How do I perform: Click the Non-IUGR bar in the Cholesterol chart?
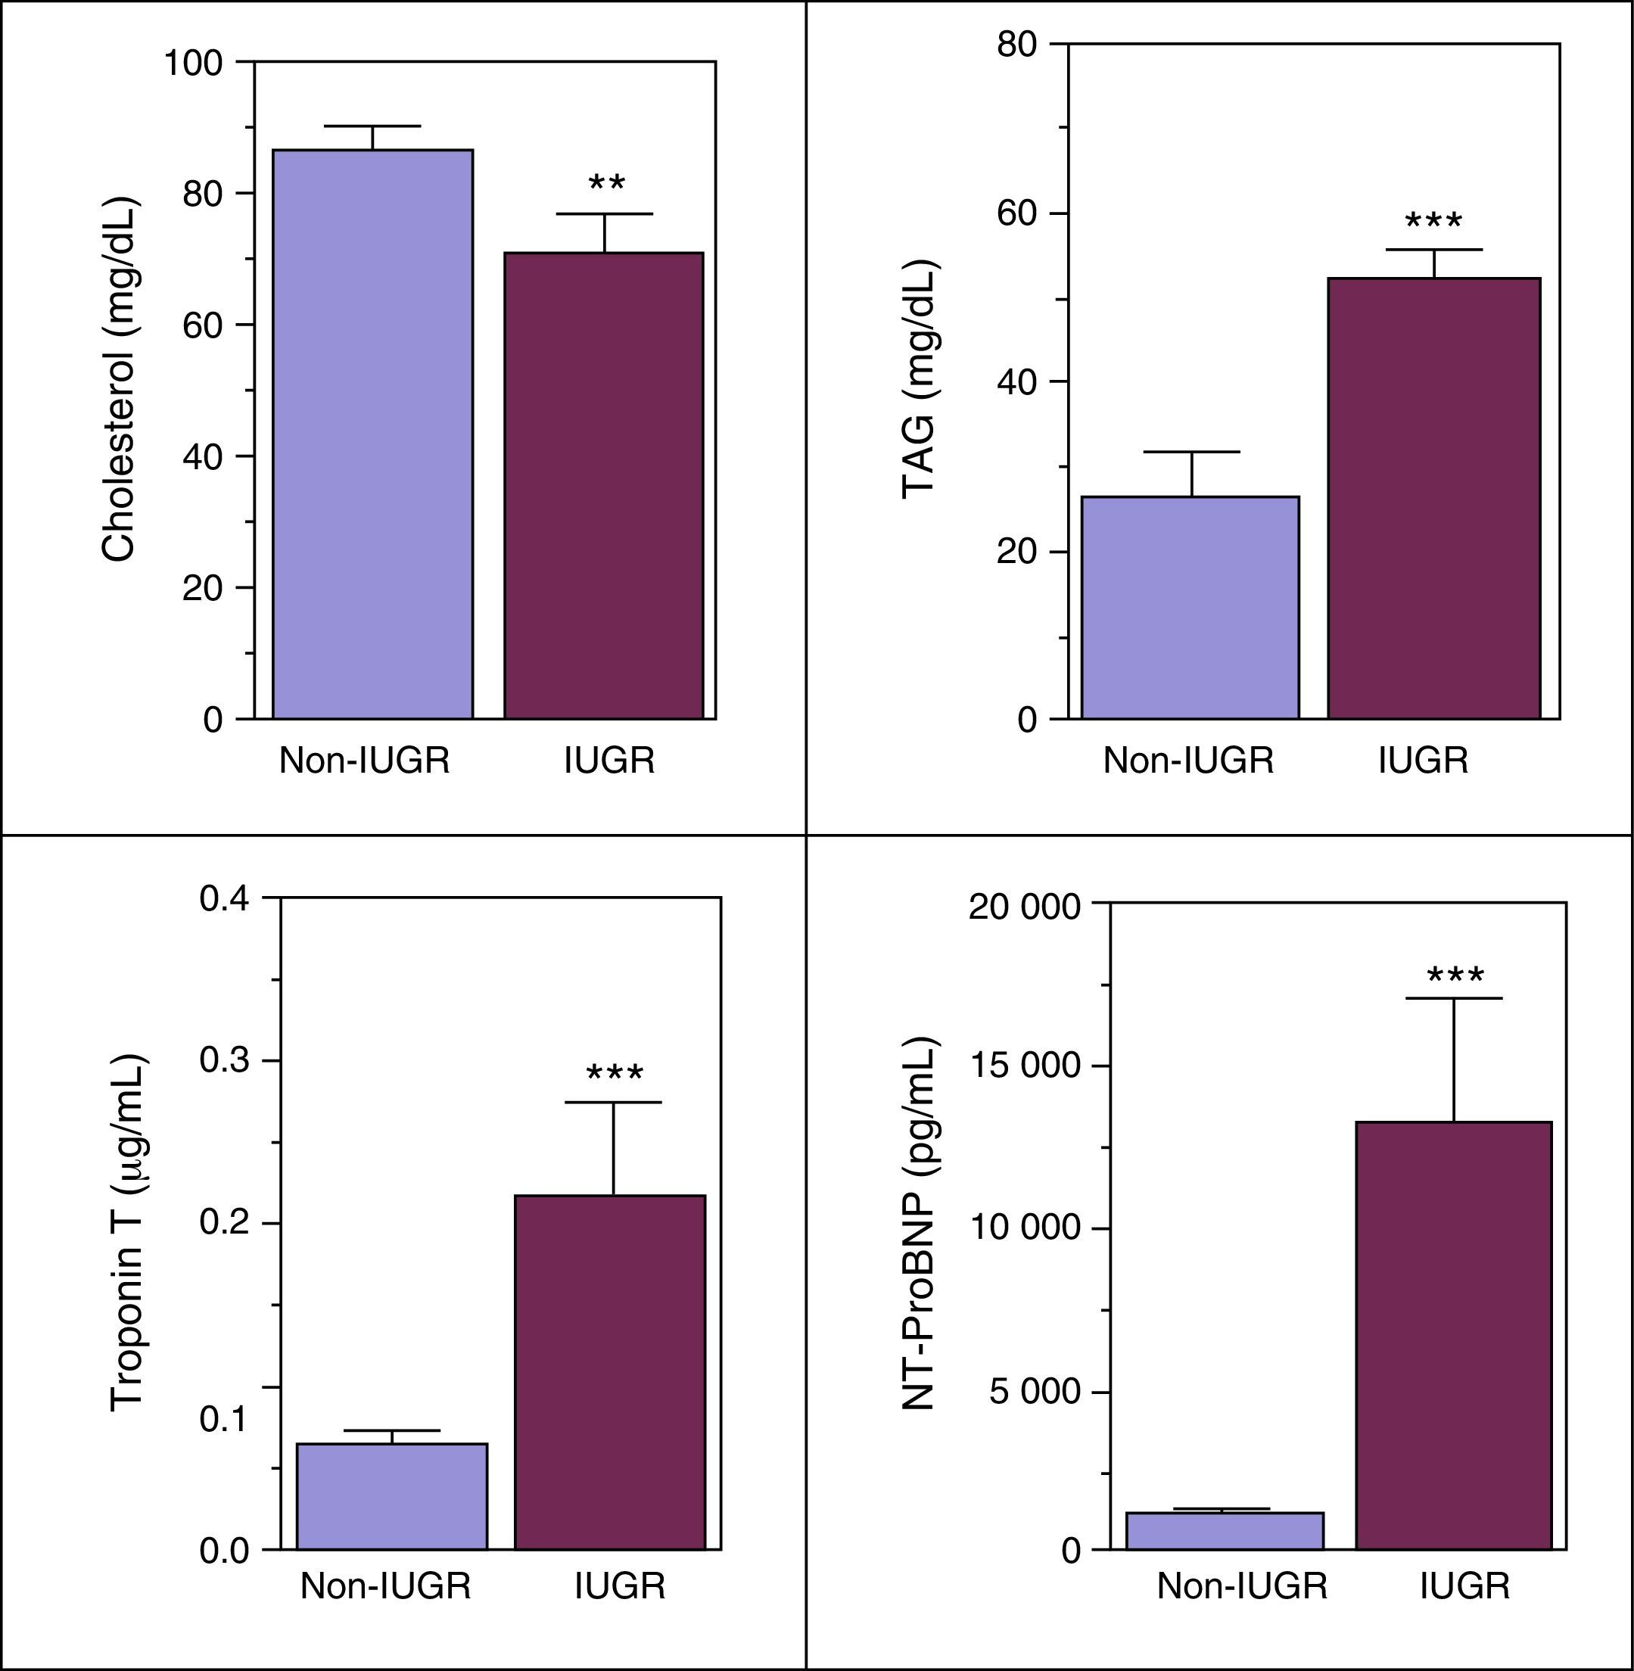click(372, 434)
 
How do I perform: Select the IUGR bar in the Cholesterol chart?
click(603, 485)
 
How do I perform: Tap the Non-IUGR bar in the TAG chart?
click(1190, 607)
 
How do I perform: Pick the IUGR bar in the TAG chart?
click(1433, 498)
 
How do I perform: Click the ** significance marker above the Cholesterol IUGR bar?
click(607, 184)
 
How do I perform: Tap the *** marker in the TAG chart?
click(1433, 222)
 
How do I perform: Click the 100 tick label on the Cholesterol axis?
click(193, 63)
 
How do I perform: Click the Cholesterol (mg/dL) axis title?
click(118, 379)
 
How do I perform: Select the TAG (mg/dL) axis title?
click(919, 378)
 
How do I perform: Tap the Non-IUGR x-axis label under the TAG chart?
click(1187, 761)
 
